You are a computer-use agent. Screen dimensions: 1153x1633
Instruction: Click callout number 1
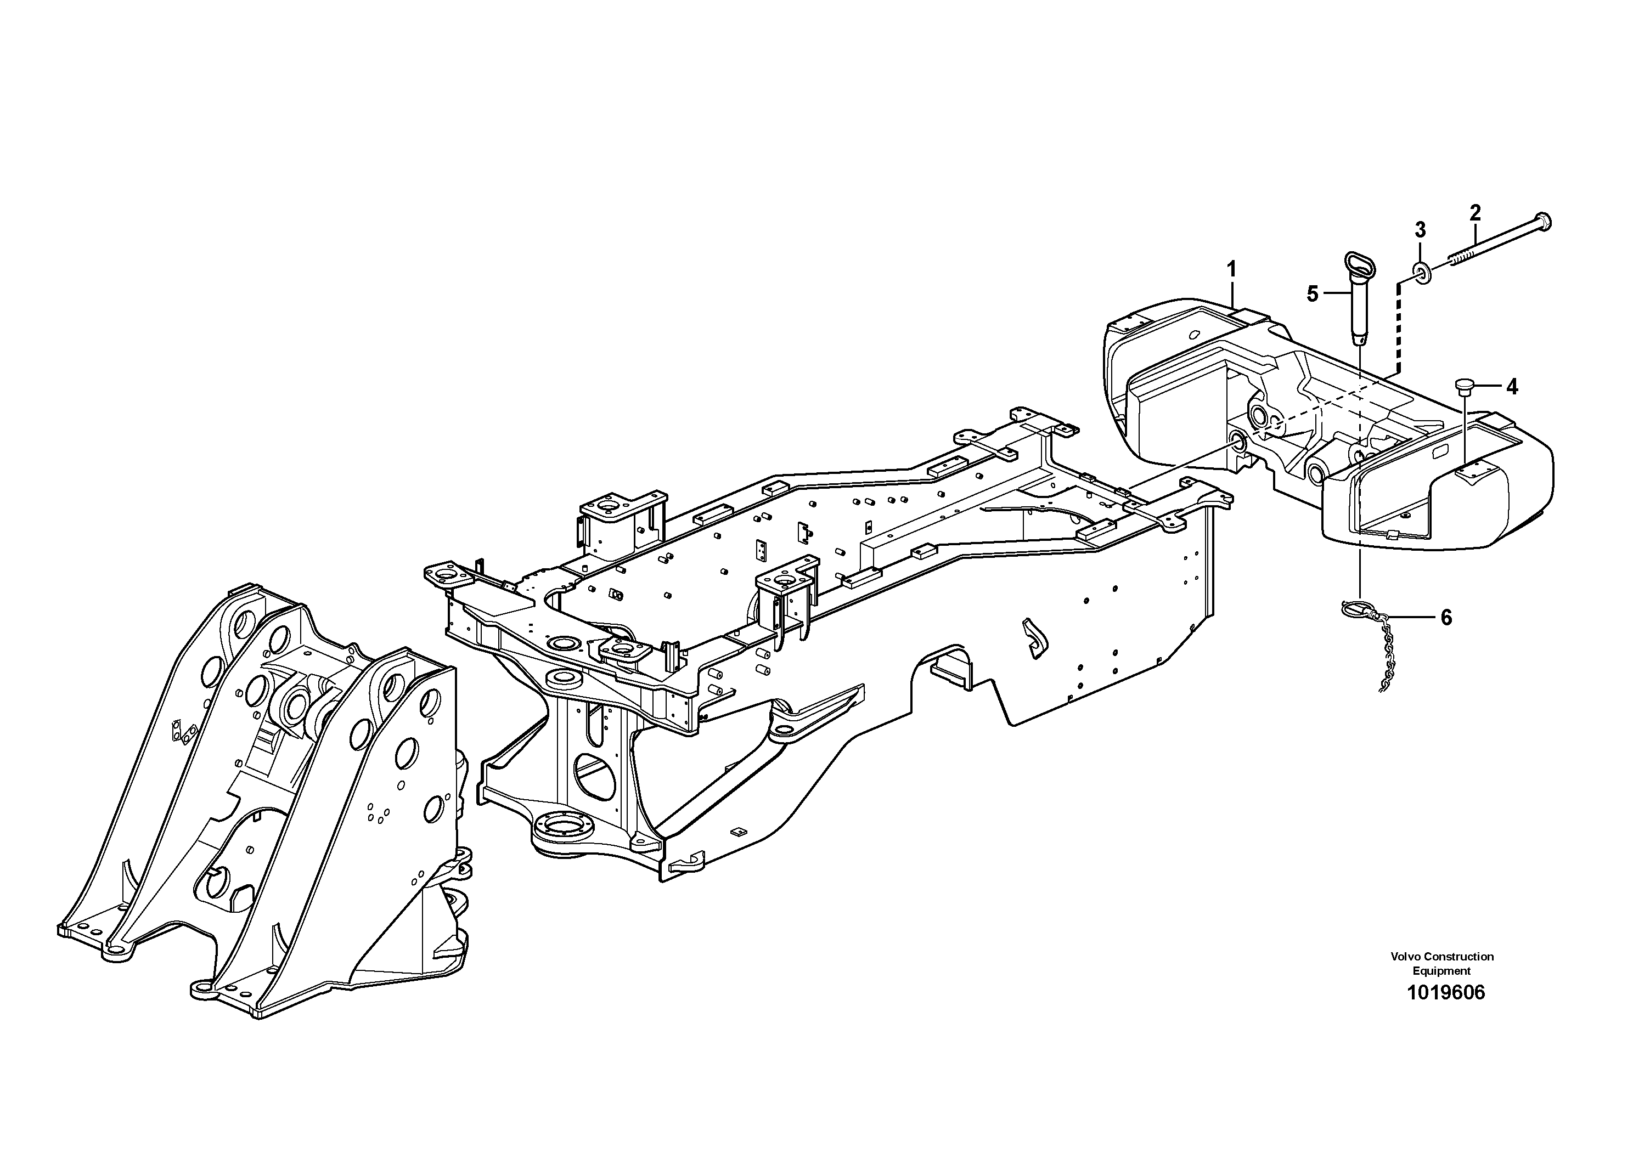pyautogui.click(x=1231, y=269)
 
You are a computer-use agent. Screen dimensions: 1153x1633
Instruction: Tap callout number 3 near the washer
pyautogui.click(x=1420, y=230)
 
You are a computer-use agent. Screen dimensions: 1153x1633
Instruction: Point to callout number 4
pyautogui.click(x=1511, y=387)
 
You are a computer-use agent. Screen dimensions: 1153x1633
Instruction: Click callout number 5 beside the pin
pyautogui.click(x=1312, y=293)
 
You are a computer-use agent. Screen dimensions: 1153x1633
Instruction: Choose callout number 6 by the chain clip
pyautogui.click(x=1446, y=618)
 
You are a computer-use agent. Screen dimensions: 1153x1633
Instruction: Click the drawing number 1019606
pyautogui.click(x=1446, y=992)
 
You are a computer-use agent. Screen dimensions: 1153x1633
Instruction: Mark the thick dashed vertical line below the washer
pyautogui.click(x=1398, y=327)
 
